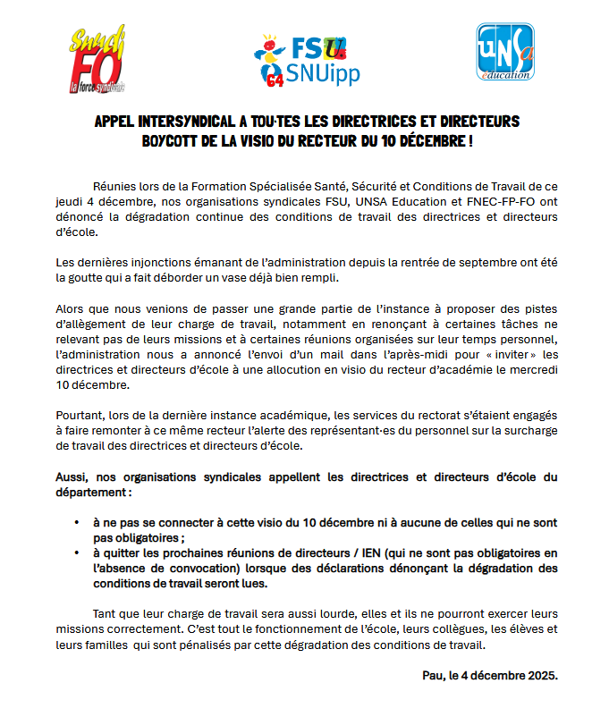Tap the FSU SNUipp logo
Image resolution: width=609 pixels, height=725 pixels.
(306, 62)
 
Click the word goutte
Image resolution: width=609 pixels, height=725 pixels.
(88, 277)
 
